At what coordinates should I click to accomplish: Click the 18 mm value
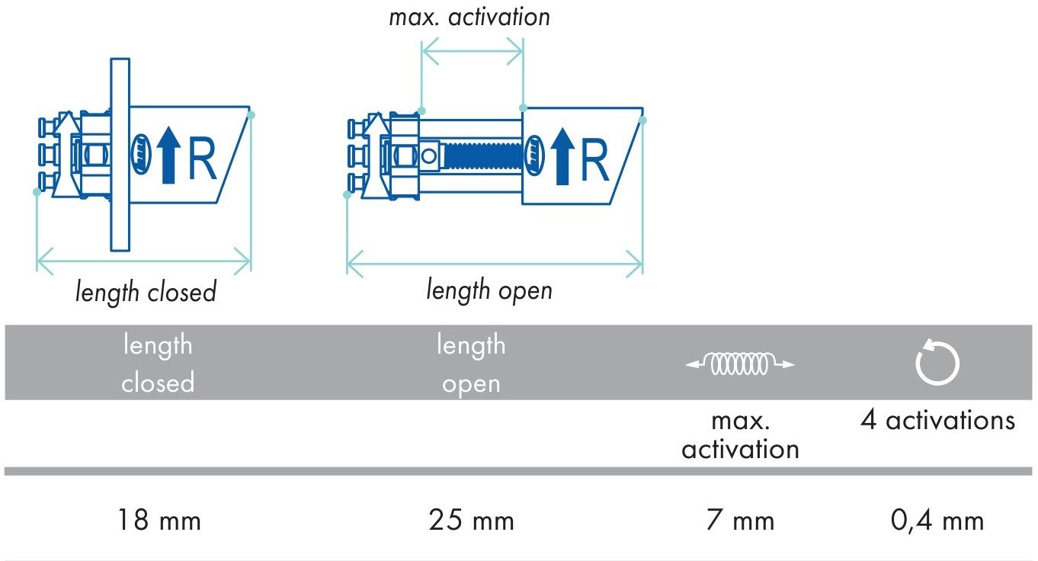coord(159,520)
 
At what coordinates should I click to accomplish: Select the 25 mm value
coord(471,520)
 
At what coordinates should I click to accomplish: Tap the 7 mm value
coord(740,520)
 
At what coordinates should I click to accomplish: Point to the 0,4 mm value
coord(937,520)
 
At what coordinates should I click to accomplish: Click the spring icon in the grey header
coord(740,364)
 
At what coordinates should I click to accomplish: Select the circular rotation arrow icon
coord(937,362)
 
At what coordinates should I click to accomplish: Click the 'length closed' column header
coord(158,364)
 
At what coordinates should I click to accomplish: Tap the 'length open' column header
coord(471,364)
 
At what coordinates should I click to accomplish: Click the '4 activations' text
coord(937,420)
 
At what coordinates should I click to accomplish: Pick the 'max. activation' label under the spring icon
coord(741,435)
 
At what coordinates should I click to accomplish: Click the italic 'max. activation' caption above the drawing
coord(469,18)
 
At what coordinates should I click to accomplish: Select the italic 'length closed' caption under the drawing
coord(146,292)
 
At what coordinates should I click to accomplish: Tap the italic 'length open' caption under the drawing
coord(489,290)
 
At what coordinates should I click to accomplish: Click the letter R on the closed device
coord(202,159)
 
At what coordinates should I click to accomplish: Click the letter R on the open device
coord(594,160)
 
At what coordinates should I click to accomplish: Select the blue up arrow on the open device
coord(562,156)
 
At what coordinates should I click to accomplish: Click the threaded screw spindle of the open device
coord(483,155)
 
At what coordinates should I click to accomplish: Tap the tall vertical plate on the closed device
coord(120,155)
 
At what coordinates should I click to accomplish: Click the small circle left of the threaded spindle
coord(429,156)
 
